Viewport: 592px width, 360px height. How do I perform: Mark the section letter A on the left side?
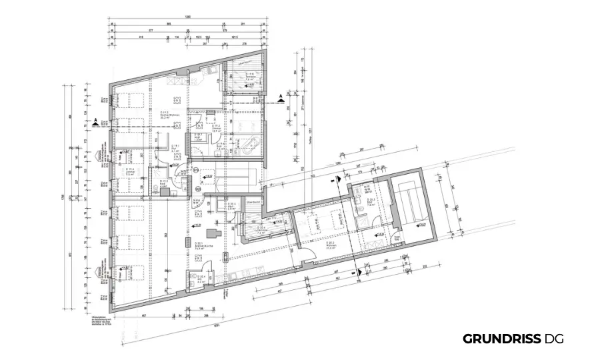tap(96, 121)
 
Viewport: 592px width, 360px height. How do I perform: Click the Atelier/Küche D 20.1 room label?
tap(199, 246)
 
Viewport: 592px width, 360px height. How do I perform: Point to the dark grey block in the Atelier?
tap(214, 233)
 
